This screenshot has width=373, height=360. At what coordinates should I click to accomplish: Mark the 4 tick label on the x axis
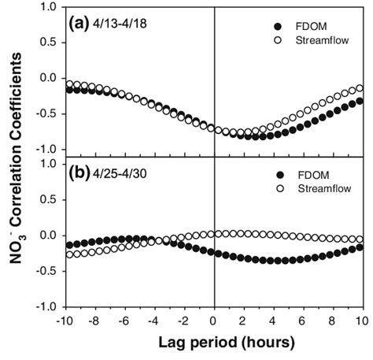(272, 321)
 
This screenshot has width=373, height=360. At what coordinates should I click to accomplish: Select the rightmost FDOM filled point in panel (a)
(360, 101)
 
